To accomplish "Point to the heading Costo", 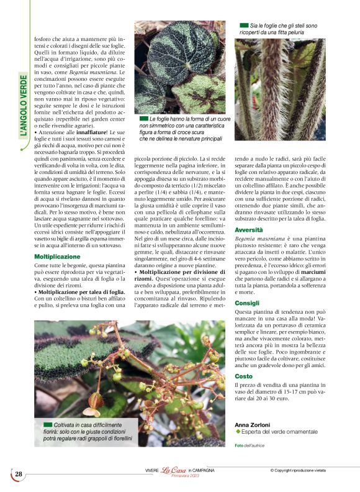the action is pos(243,376).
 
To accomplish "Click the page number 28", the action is pos(19,474).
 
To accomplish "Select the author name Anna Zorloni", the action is pos(253,424).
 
